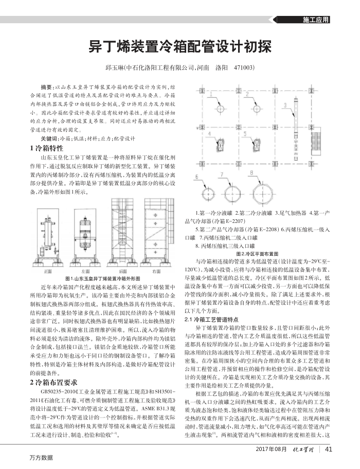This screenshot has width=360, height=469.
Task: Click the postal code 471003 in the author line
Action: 244,68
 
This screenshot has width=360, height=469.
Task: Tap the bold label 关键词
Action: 50,139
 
